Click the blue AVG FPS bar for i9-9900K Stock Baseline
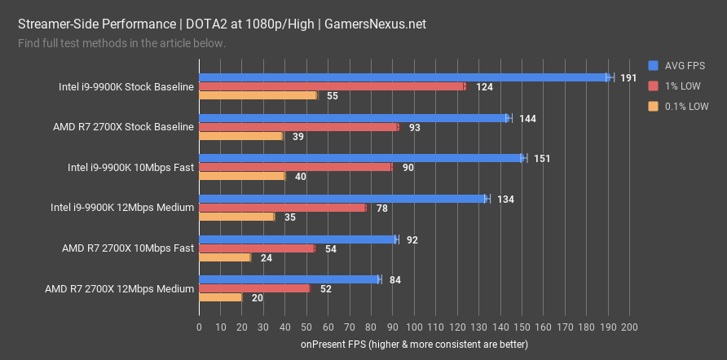click(x=403, y=77)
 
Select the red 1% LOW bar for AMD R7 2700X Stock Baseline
click(x=298, y=127)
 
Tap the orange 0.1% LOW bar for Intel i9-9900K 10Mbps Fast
click(x=241, y=176)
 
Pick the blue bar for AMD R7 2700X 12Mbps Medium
click(x=289, y=279)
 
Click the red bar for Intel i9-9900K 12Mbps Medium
click(x=282, y=208)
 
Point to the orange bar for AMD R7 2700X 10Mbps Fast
click(x=224, y=257)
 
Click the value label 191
click(x=628, y=78)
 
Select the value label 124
click(x=484, y=87)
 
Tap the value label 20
click(x=258, y=298)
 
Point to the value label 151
click(x=542, y=159)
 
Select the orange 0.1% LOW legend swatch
click(x=652, y=106)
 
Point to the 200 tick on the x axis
click(x=628, y=327)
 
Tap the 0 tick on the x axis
click(x=199, y=327)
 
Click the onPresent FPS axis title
click(x=414, y=345)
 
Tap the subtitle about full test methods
click(x=121, y=42)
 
